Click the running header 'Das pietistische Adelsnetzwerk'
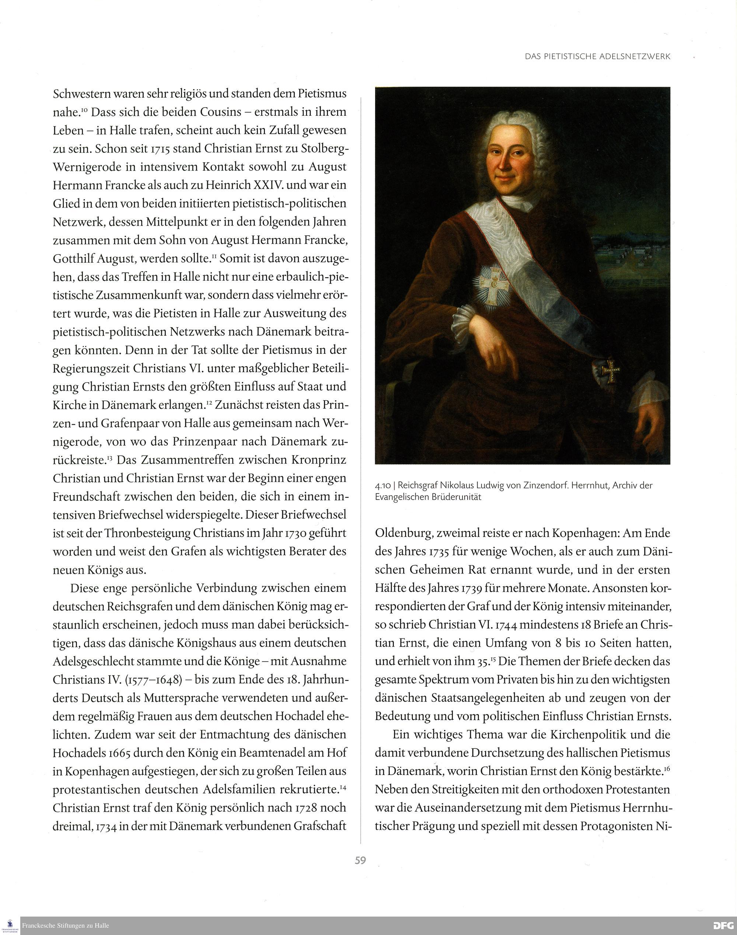coord(598,56)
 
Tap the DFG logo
coord(724,925)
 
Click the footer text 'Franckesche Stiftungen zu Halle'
coord(66,925)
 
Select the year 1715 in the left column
coord(162,149)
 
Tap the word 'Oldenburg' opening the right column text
coord(404,534)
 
